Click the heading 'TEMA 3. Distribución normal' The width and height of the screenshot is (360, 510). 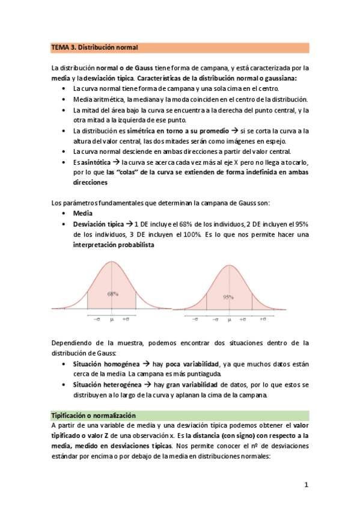click(x=94, y=47)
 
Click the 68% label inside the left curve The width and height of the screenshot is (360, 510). click(x=112, y=295)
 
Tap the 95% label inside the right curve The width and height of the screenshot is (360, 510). click(x=228, y=297)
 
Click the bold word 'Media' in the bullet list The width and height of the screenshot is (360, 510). click(x=83, y=214)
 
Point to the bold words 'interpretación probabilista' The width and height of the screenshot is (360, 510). click(x=113, y=245)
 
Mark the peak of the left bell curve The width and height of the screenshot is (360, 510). click(x=112, y=261)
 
